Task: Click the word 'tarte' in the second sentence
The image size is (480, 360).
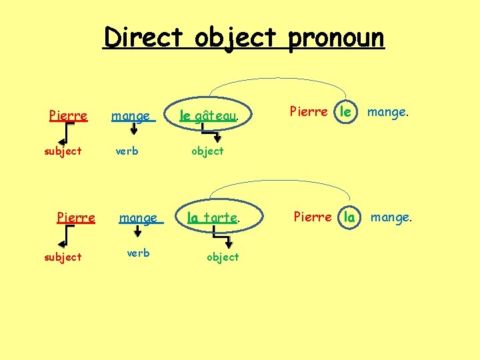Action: click(221, 217)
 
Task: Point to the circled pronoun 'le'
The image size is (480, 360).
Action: click(345, 112)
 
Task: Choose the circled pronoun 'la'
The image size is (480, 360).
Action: click(349, 217)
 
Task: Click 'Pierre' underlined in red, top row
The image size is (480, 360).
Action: click(68, 116)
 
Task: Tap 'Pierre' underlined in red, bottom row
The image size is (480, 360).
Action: click(76, 217)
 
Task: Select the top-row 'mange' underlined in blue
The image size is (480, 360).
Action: click(131, 117)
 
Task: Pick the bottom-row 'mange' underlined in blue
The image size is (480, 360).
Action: click(138, 218)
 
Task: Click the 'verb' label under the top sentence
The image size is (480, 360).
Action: click(127, 151)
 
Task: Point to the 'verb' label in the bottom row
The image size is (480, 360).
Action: click(138, 253)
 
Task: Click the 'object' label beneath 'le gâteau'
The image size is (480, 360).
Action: click(207, 151)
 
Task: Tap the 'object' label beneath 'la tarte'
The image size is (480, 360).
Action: click(223, 257)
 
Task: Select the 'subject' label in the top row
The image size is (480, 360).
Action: click(63, 151)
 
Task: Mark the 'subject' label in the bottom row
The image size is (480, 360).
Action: click(63, 257)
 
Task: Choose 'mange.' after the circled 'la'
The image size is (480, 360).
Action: click(391, 217)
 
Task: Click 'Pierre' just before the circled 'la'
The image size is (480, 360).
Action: click(313, 217)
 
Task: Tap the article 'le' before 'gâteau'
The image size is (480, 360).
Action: click(185, 117)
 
